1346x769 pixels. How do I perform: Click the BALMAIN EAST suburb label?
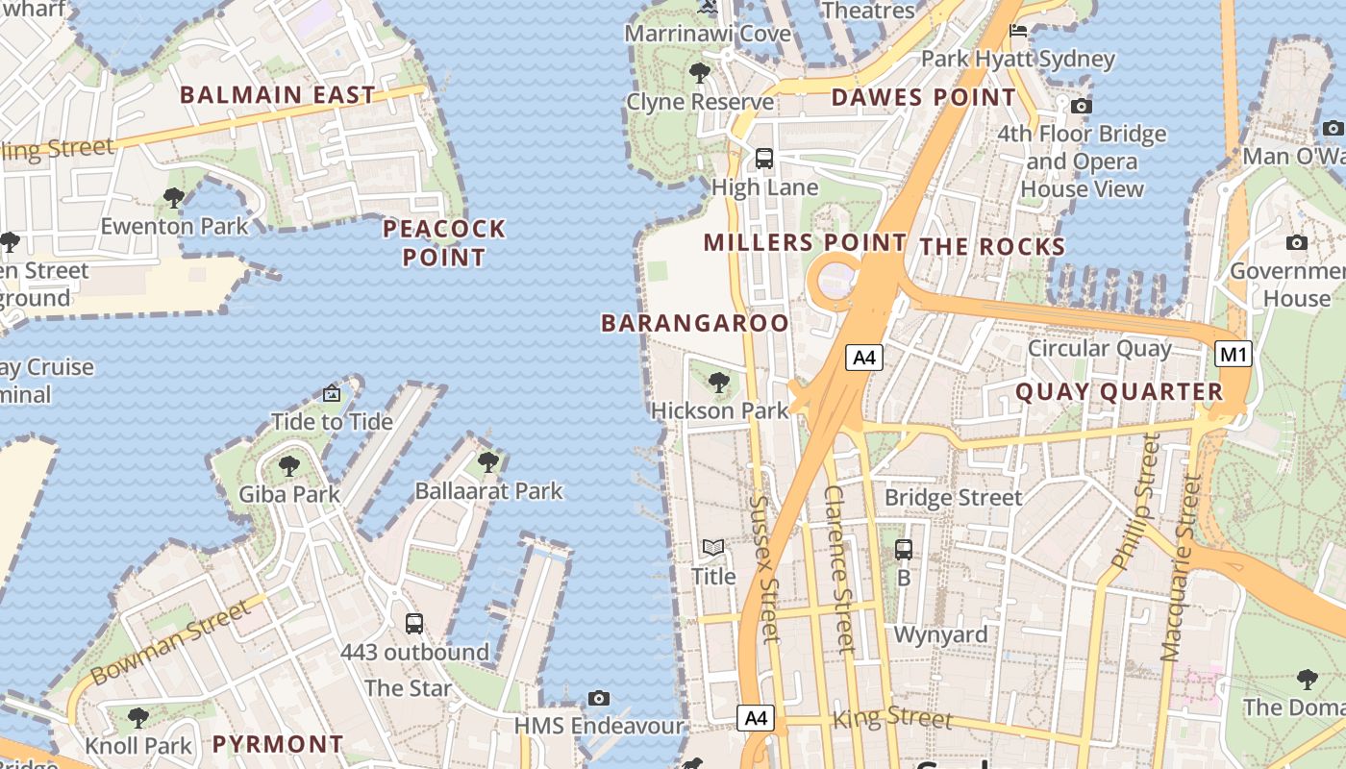click(x=278, y=95)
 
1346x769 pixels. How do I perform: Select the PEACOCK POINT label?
click(x=444, y=243)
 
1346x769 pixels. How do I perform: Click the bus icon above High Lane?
click(x=764, y=159)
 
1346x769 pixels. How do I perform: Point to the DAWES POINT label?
click(x=923, y=97)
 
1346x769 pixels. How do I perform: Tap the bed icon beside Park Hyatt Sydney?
click(x=1018, y=32)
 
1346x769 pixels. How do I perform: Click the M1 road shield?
click(x=1234, y=355)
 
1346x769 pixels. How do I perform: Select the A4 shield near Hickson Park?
click(x=864, y=359)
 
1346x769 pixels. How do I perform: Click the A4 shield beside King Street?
click(x=756, y=717)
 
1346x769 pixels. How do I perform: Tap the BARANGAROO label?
click(x=695, y=323)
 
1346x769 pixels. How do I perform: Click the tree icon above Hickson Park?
click(x=718, y=383)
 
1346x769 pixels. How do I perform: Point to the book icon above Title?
click(x=712, y=548)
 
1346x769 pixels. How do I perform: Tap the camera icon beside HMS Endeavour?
click(x=599, y=698)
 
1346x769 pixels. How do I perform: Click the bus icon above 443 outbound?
click(x=414, y=624)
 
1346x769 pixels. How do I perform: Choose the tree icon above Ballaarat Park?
click(x=488, y=462)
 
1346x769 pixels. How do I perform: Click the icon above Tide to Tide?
click(x=332, y=393)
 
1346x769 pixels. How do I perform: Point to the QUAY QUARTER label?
click(x=1119, y=392)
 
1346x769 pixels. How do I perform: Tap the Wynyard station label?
click(x=940, y=634)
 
